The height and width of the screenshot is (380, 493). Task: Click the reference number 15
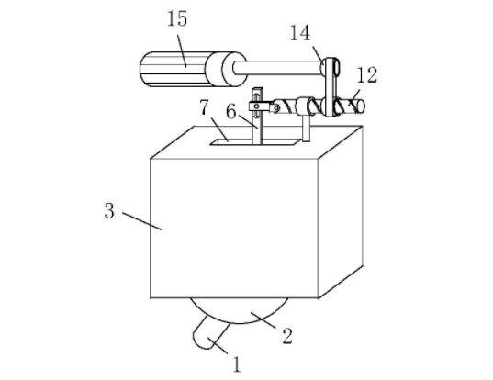click(x=177, y=18)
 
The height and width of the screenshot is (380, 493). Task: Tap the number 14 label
click(x=300, y=33)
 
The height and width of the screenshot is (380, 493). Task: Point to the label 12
click(x=367, y=75)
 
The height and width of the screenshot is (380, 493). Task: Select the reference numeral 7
click(x=205, y=106)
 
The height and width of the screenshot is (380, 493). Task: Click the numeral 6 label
click(x=231, y=112)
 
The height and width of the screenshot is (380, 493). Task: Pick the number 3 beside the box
click(x=109, y=210)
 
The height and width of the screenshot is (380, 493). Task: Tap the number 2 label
click(x=287, y=335)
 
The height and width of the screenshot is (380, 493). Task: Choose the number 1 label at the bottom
click(x=237, y=364)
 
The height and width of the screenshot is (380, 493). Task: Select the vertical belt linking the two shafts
click(x=331, y=86)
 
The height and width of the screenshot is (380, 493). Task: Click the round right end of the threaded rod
click(x=361, y=106)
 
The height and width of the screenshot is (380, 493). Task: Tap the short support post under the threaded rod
click(x=307, y=129)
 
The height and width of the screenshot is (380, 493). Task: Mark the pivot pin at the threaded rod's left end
click(x=276, y=108)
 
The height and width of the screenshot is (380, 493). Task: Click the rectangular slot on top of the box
click(x=254, y=142)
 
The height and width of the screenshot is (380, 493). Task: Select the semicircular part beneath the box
click(x=239, y=310)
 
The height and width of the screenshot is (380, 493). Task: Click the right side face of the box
click(x=341, y=211)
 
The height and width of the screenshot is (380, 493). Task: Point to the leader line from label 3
click(x=142, y=221)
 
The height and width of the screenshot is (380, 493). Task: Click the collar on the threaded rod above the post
click(x=302, y=106)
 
